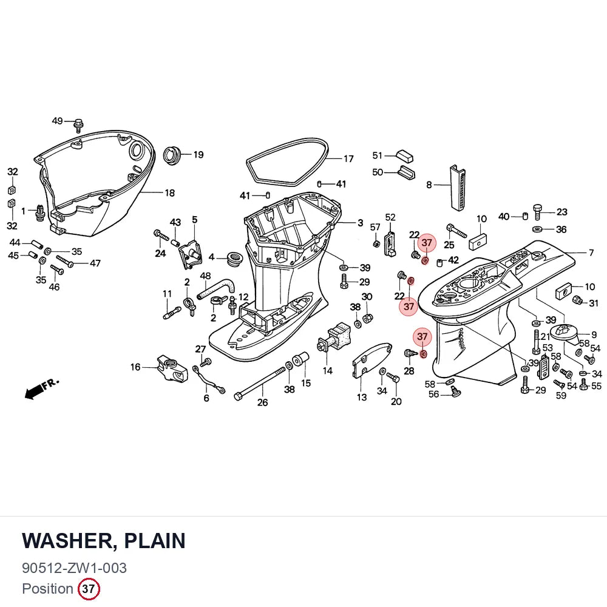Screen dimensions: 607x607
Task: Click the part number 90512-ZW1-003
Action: pyautogui.click(x=74, y=568)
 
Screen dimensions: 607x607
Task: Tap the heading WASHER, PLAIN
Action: pyautogui.click(x=104, y=541)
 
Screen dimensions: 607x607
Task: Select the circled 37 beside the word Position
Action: pyautogui.click(x=89, y=589)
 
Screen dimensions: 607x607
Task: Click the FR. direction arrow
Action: pyautogui.click(x=41, y=388)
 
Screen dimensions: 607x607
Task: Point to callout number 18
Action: pyautogui.click(x=169, y=193)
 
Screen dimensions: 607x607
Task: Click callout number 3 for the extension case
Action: pyautogui.click(x=360, y=223)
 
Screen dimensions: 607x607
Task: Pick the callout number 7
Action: pyautogui.click(x=591, y=253)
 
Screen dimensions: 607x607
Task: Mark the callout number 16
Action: pyautogui.click(x=135, y=367)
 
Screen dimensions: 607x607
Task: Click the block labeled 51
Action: pyautogui.click(x=404, y=156)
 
